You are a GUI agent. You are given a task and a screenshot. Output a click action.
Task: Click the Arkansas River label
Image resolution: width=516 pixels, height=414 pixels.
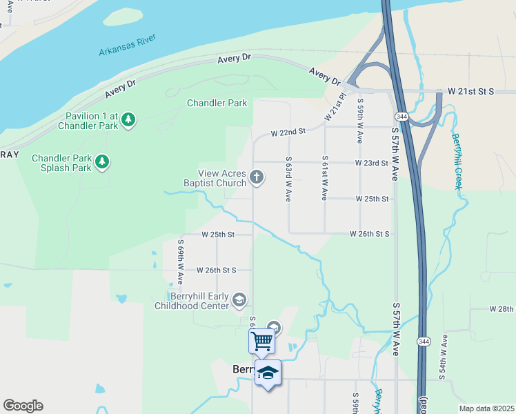tap(128, 45)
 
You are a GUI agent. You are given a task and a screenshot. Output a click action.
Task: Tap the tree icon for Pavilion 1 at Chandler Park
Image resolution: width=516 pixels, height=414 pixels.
tap(128, 120)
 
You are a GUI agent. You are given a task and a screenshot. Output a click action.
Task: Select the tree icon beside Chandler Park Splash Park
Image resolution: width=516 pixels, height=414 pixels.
tap(102, 162)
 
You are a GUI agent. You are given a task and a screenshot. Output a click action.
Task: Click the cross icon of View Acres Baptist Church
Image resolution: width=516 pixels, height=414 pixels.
tap(256, 177)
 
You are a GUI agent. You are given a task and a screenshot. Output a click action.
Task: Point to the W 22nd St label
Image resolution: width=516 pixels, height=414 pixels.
tap(288, 132)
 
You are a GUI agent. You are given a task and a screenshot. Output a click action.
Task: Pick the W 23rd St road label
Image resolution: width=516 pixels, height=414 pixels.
tap(372, 163)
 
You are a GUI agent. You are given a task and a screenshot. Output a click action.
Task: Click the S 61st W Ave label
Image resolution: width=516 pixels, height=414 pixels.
tap(324, 178)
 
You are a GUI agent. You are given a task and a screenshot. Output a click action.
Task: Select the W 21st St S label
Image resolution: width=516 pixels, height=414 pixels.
tap(471, 91)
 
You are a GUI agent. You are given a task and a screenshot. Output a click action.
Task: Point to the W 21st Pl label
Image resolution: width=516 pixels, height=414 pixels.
tap(335, 105)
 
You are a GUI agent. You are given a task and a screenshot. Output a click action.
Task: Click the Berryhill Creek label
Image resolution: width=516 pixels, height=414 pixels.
tap(457, 159)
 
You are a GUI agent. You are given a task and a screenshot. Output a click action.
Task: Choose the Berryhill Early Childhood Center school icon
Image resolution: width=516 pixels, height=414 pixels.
tap(239, 298)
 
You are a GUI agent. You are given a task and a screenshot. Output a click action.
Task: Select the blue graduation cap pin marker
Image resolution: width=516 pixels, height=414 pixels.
tap(268, 373)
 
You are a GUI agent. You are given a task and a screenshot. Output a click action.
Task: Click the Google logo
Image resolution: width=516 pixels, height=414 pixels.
tap(23, 406)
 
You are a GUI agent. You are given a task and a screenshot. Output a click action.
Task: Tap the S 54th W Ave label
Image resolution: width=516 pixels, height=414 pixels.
tap(444, 357)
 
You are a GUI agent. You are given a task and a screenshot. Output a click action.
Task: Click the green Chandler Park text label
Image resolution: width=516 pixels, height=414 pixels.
tap(217, 103)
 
